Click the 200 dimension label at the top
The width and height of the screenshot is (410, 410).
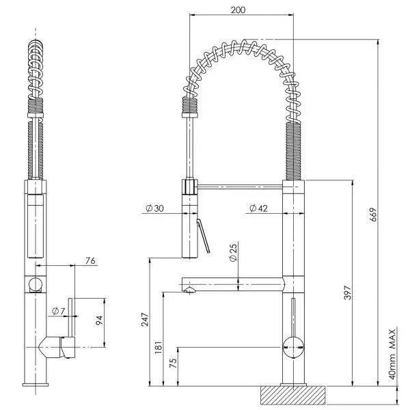tap(238, 10)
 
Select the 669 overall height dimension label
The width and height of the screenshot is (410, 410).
tap(373, 215)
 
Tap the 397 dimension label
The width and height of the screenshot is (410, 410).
tap(347, 292)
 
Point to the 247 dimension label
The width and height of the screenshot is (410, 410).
tap(145, 319)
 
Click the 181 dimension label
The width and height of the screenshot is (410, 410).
tap(159, 348)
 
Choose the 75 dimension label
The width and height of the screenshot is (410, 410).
tap(173, 363)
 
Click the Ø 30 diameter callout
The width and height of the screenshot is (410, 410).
tap(154, 208)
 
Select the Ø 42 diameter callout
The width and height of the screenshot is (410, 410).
tap(258, 208)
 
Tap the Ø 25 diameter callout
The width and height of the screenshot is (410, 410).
tap(233, 252)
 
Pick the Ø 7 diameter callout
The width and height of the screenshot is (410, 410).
tap(58, 311)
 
